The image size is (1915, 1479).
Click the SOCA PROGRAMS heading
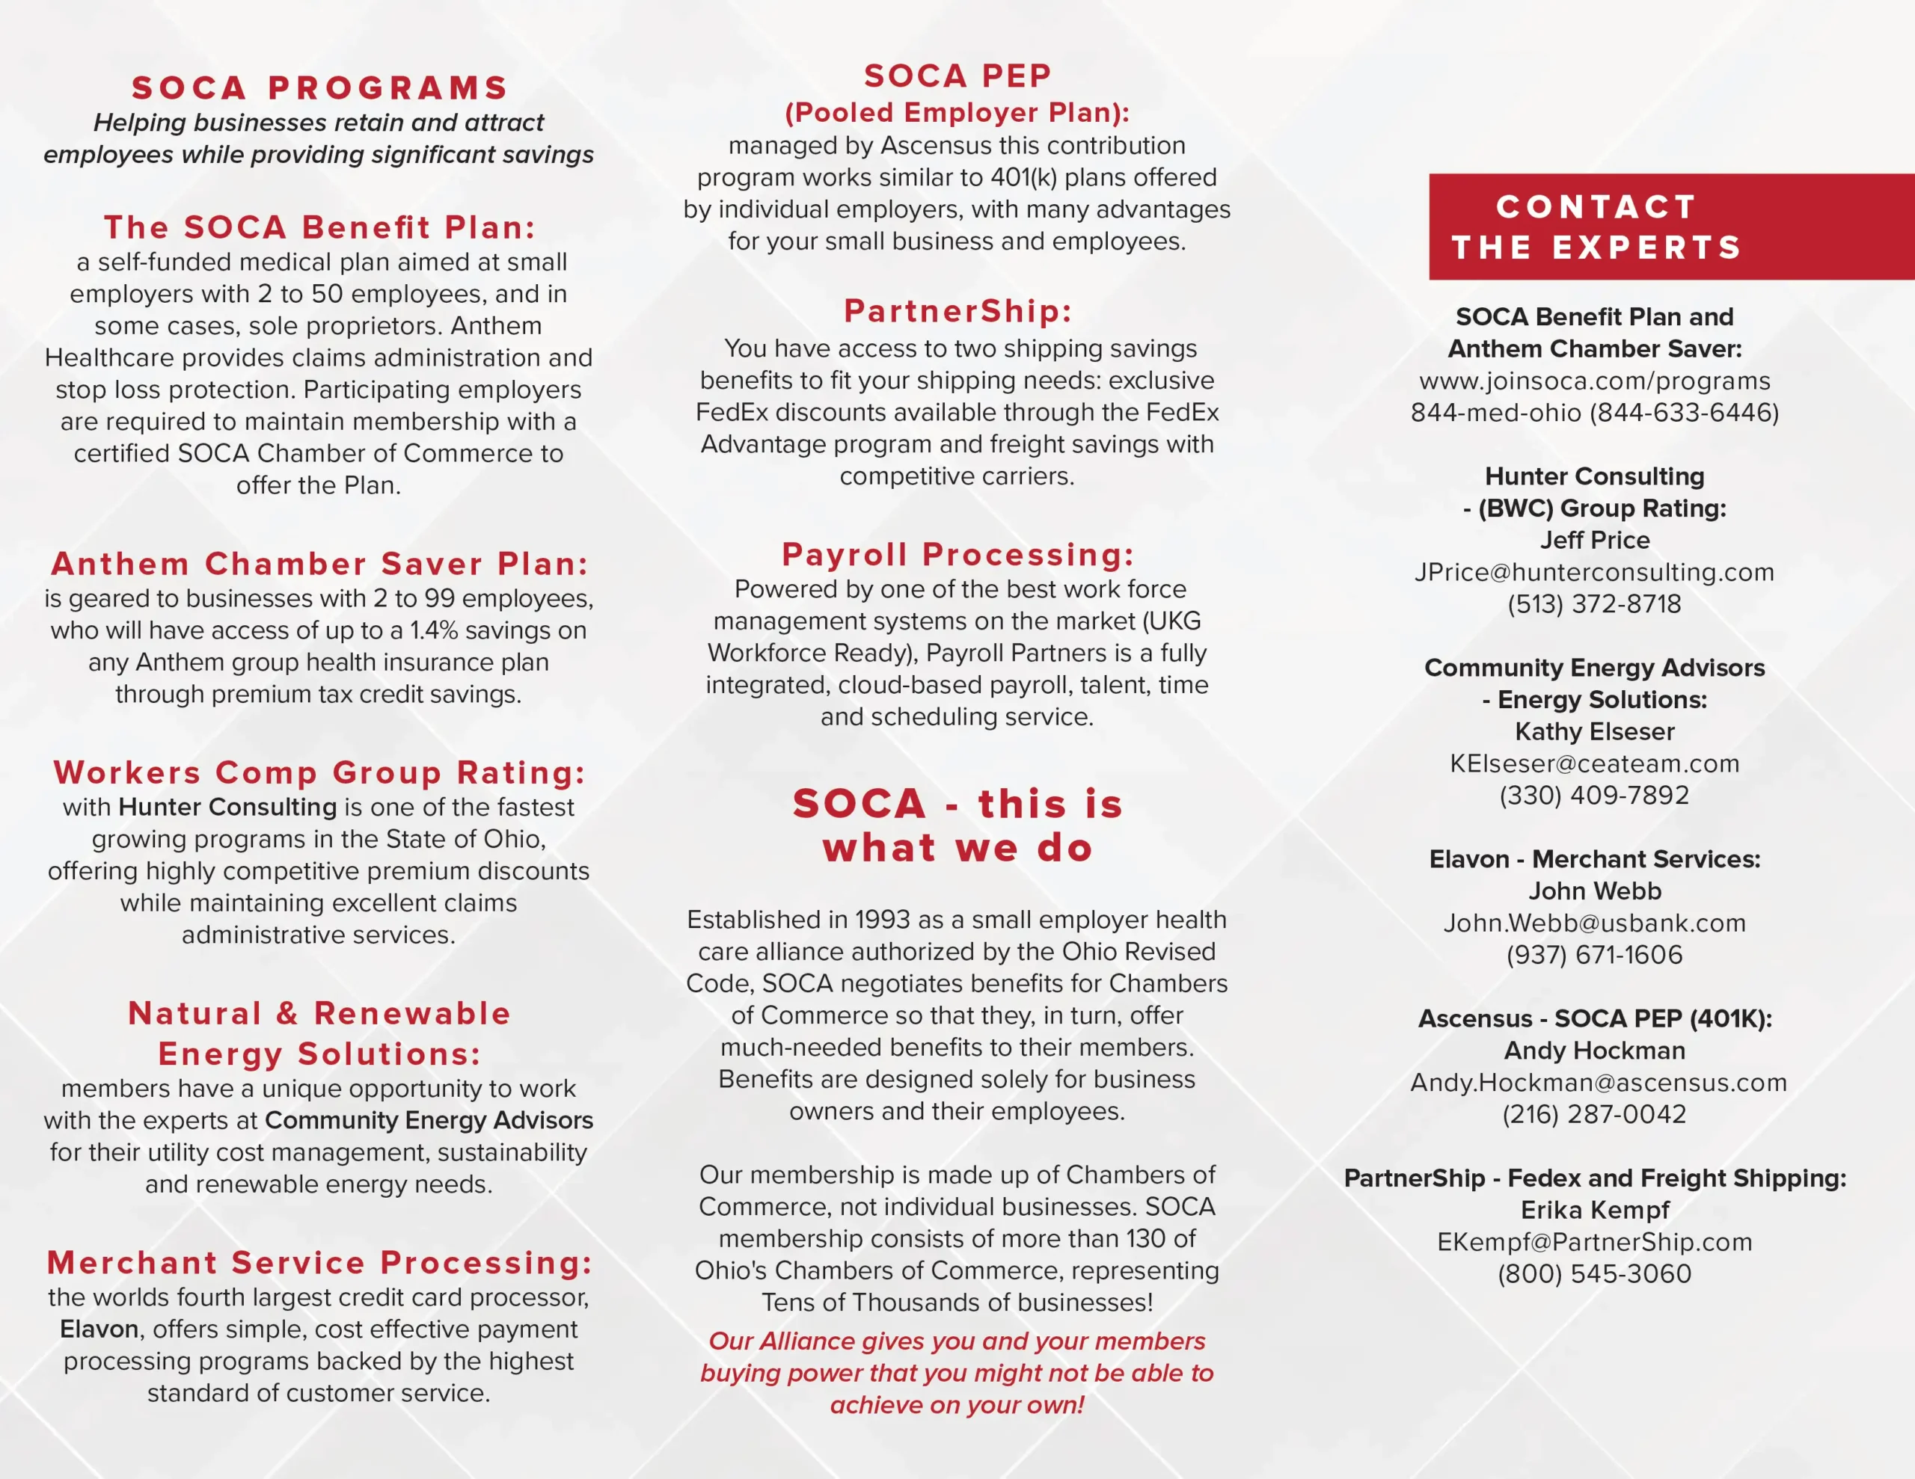320,87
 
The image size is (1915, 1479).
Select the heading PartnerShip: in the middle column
957,311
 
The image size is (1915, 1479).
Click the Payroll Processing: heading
957,554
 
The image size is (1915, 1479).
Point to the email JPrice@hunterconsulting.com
1594,571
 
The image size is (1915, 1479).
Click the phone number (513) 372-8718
1594,604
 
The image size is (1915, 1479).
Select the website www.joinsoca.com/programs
1594,381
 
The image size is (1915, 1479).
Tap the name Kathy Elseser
1594,731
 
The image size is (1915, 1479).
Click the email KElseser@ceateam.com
1594,763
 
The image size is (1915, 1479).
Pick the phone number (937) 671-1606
1594,955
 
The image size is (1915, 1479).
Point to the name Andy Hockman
1594,1051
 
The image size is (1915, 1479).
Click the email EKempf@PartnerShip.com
1594,1242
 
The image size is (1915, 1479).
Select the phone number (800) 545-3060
1594,1274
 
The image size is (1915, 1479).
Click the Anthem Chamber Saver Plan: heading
319,564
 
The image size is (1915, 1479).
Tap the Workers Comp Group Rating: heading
319,772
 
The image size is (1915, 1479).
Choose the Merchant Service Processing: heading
319,1262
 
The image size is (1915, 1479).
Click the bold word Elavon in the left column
99,1329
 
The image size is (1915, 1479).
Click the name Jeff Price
1594,540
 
